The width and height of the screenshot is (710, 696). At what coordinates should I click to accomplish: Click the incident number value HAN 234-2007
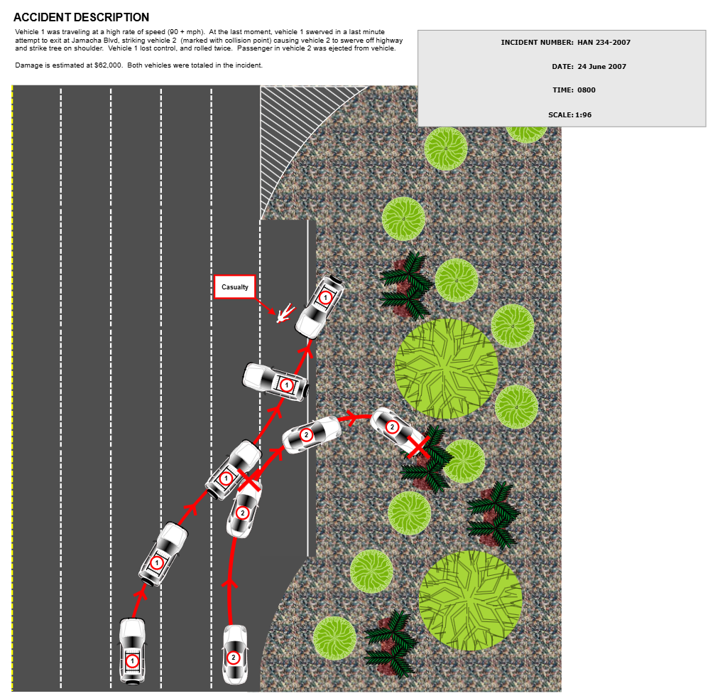pyautogui.click(x=603, y=43)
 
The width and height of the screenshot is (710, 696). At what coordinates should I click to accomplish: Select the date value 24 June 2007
pyautogui.click(x=601, y=67)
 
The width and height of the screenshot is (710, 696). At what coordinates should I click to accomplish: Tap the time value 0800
pyautogui.click(x=586, y=90)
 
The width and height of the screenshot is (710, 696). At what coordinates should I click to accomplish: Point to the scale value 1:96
pyautogui.click(x=583, y=115)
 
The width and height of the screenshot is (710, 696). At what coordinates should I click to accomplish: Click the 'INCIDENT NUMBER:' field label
pyautogui.click(x=537, y=43)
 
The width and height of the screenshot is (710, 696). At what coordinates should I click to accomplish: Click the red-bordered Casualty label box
pyautogui.click(x=235, y=287)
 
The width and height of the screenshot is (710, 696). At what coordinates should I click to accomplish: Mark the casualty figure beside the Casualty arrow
pyautogui.click(x=285, y=313)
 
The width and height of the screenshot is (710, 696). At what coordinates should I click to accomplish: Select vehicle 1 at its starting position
pyautogui.click(x=132, y=651)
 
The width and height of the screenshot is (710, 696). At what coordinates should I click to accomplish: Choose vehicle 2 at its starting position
pyautogui.click(x=234, y=654)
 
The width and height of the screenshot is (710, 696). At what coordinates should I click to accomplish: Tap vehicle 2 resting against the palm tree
pyautogui.click(x=396, y=429)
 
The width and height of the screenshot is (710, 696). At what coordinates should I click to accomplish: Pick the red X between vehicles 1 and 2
pyautogui.click(x=248, y=480)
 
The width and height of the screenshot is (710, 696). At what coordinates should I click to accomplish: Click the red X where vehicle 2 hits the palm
pyautogui.click(x=418, y=447)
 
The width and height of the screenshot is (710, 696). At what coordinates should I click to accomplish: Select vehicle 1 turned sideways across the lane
pyautogui.click(x=275, y=382)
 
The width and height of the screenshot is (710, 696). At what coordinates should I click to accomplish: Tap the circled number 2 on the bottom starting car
pyautogui.click(x=233, y=658)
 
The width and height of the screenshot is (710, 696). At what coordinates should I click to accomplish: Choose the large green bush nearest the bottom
pyautogui.click(x=470, y=601)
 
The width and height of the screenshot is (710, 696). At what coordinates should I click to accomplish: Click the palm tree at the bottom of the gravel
pyautogui.click(x=390, y=643)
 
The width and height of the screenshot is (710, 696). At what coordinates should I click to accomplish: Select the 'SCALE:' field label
pyautogui.click(x=560, y=115)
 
